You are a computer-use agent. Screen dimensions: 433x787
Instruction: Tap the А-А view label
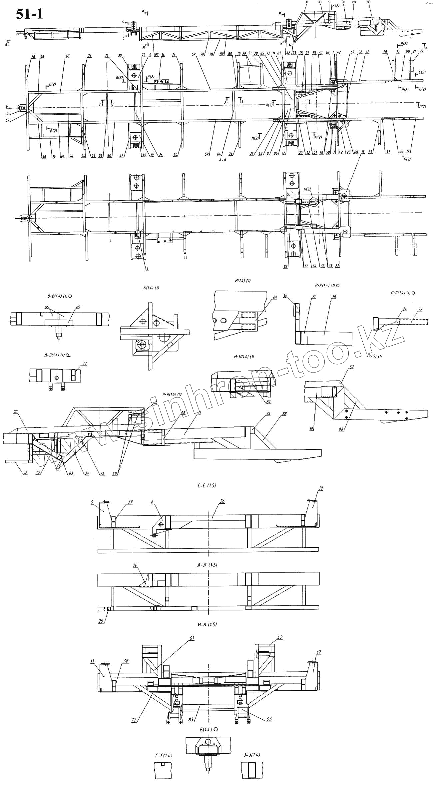tap(222, 160)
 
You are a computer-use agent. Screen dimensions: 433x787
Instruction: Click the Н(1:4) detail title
tap(242, 281)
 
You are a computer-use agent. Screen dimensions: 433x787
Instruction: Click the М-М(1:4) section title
tap(244, 357)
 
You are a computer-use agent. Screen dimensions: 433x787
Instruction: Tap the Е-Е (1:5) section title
tap(207, 485)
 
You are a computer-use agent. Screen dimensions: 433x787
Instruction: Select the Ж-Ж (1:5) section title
tap(207, 565)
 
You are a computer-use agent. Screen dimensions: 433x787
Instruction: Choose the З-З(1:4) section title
tap(252, 745)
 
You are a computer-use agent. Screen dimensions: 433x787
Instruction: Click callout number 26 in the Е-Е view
tap(222, 501)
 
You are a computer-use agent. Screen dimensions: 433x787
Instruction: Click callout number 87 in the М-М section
tap(268, 402)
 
